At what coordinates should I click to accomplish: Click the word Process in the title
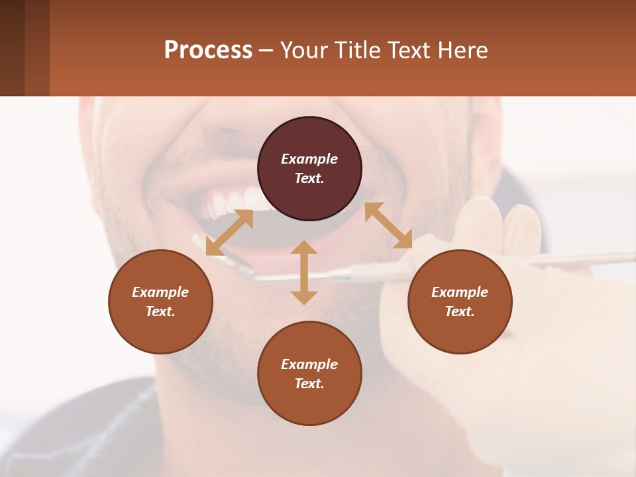(x=208, y=50)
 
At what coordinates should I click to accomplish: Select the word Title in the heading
(x=357, y=50)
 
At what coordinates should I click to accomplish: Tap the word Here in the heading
(x=462, y=50)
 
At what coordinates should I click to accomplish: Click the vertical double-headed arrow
(x=304, y=272)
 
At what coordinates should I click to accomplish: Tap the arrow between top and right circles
(x=388, y=225)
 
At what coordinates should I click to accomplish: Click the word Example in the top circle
(x=309, y=159)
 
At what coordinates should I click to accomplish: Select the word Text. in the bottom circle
(x=309, y=384)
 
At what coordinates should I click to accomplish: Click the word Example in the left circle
(x=160, y=292)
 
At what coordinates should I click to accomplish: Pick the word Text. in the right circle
(x=460, y=311)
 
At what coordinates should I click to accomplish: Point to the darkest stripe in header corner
(x=12, y=48)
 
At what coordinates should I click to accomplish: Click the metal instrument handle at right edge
(x=596, y=258)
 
